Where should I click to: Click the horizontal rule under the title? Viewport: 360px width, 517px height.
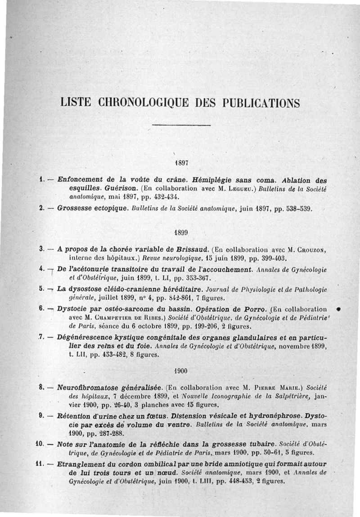[181, 125]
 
